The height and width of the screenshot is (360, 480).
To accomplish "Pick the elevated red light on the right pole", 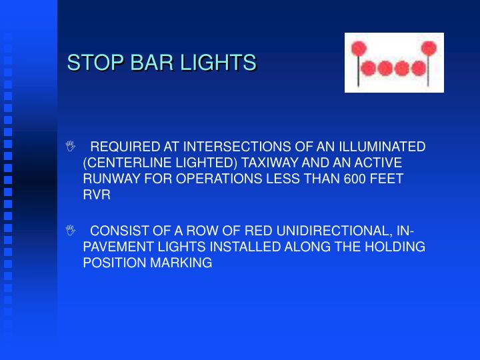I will (x=429, y=48).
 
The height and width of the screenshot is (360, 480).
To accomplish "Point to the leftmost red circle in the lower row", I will (x=365, y=68).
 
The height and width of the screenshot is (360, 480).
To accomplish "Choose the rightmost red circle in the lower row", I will (x=418, y=68).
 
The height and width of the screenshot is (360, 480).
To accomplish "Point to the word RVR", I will (x=97, y=195).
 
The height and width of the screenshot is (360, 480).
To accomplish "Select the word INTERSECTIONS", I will (x=236, y=147).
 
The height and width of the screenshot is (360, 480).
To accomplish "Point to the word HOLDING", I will (x=397, y=247).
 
